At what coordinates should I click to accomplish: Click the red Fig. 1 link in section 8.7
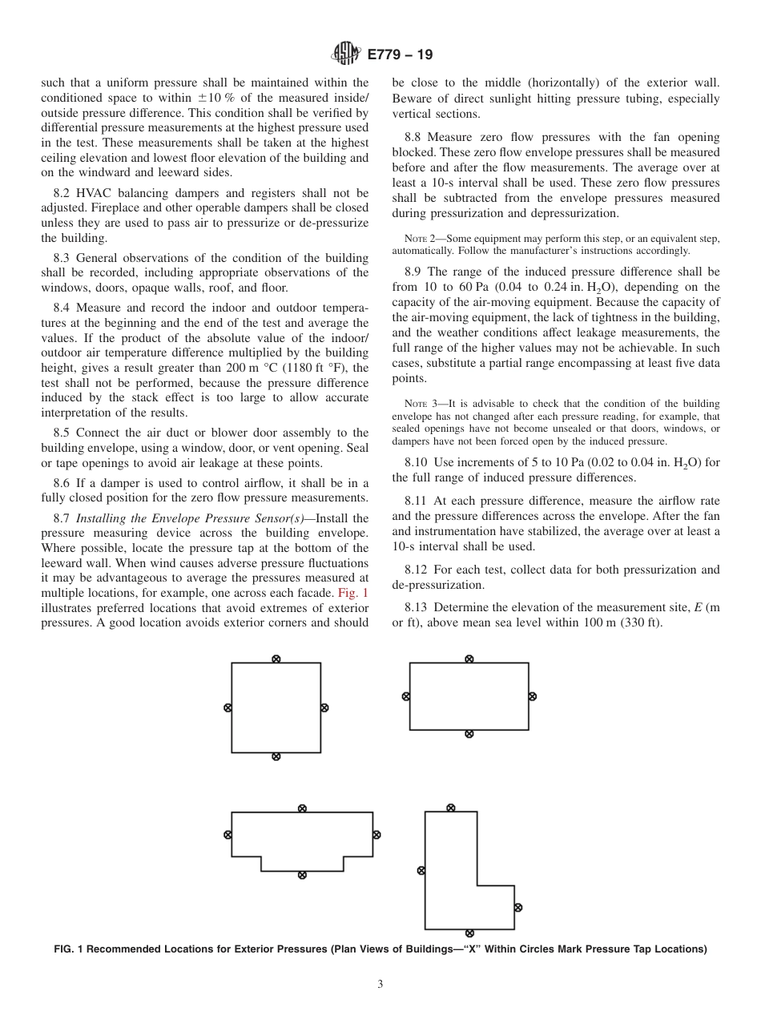(353, 593)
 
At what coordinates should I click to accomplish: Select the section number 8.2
(64, 193)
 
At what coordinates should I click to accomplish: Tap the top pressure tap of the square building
(276, 659)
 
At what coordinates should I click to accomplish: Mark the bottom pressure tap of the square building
(276, 756)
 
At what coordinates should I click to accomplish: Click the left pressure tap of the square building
(227, 707)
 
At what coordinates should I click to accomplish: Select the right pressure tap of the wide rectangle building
(533, 696)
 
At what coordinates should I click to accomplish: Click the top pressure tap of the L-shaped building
(451, 808)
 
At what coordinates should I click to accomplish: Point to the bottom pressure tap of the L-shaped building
(469, 932)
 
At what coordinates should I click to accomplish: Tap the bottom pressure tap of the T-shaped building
(302, 875)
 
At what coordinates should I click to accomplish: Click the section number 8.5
(64, 433)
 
